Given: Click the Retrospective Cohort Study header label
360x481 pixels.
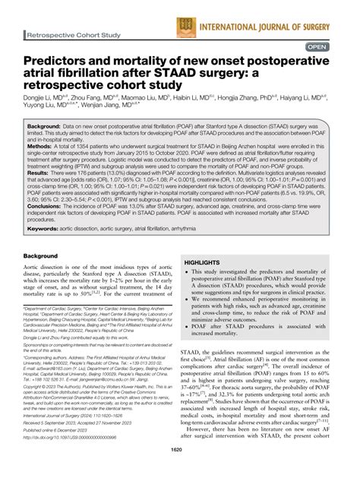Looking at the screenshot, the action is (73, 35).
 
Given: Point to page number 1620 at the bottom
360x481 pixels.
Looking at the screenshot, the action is (180, 473).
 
